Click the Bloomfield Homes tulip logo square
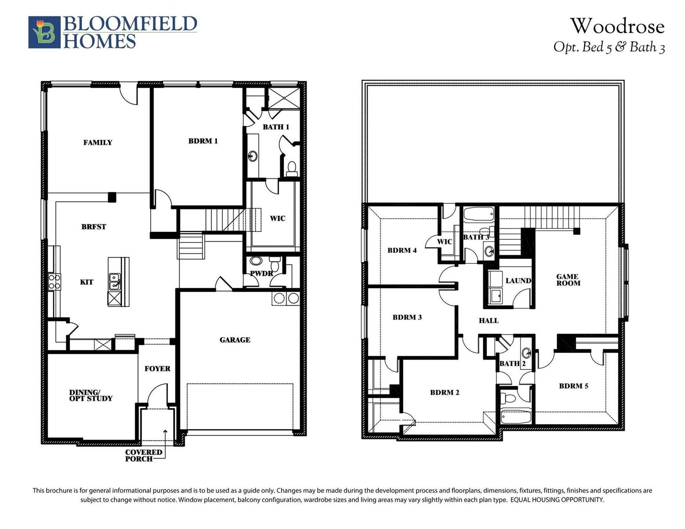pyautogui.click(x=44, y=32)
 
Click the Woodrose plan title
pyautogui.click(x=617, y=26)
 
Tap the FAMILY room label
pyautogui.click(x=98, y=143)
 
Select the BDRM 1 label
pyautogui.click(x=203, y=141)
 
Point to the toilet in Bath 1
pyautogui.click(x=292, y=169)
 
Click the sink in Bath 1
pyautogui.click(x=253, y=156)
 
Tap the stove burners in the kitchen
pyautogui.click(x=54, y=282)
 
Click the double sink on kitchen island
pyautogui.click(x=114, y=282)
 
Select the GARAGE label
pyautogui.click(x=235, y=340)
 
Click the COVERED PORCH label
pyautogui.click(x=143, y=456)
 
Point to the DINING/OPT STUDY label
pyautogui.click(x=91, y=395)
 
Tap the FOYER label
pyautogui.click(x=157, y=369)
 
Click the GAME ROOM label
pyautogui.click(x=568, y=280)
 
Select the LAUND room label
pyautogui.click(x=518, y=281)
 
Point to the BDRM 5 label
pyautogui.click(x=574, y=386)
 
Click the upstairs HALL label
pyautogui.click(x=489, y=321)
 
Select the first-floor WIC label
pyautogui.click(x=277, y=219)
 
